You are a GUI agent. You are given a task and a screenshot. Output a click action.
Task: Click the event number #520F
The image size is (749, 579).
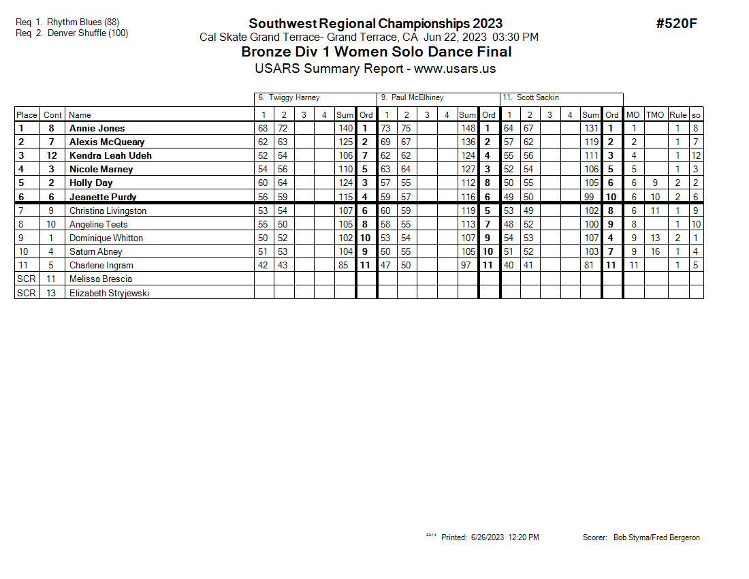pyautogui.click(x=676, y=23)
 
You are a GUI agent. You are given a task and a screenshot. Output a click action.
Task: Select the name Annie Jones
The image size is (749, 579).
pyautogui.click(x=97, y=128)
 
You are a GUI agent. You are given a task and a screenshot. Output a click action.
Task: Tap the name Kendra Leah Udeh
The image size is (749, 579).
pyautogui.click(x=110, y=155)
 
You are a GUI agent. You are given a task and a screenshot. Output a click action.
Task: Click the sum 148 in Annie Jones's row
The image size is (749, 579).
pyautogui.click(x=468, y=128)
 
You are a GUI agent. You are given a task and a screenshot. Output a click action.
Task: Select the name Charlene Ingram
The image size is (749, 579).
pyautogui.click(x=101, y=265)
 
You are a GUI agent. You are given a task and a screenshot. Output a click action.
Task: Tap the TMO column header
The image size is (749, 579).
pyautogui.click(x=654, y=115)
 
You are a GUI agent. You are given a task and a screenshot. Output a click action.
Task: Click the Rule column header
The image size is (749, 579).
pyautogui.click(x=678, y=115)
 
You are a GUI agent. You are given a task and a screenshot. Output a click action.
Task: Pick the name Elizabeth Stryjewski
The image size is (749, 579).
pyautogui.click(x=109, y=293)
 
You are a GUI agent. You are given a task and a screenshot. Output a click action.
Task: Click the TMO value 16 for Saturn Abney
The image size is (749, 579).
pyautogui.click(x=654, y=251)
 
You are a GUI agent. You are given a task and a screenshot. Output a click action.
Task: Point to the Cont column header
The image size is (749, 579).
pyautogui.click(x=52, y=115)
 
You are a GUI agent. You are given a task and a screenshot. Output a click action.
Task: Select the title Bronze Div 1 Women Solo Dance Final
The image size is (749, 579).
pyautogui.click(x=377, y=52)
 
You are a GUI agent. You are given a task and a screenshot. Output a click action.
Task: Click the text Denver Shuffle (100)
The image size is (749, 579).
pyautogui.click(x=88, y=33)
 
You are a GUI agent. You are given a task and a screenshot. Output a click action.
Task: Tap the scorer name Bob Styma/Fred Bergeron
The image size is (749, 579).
pyautogui.click(x=656, y=537)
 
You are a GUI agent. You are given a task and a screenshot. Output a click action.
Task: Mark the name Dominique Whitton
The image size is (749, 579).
pyautogui.click(x=106, y=238)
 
